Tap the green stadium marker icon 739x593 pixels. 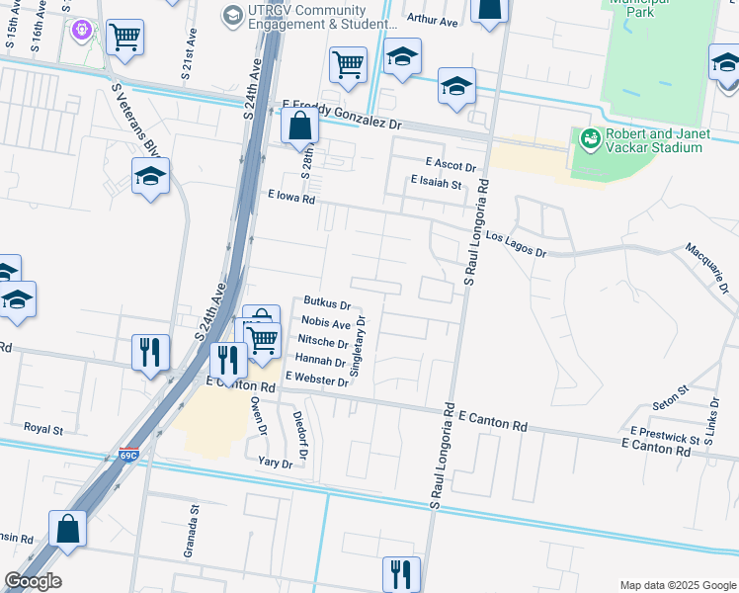pyautogui.click(x=591, y=139)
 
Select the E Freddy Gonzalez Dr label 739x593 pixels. pyautogui.click(x=343, y=111)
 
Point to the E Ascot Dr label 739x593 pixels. pyautogui.click(x=452, y=164)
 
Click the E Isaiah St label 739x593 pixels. pyautogui.click(x=436, y=183)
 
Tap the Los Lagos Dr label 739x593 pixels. pyautogui.click(x=511, y=244)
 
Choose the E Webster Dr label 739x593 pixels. pyautogui.click(x=316, y=379)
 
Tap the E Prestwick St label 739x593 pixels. pyautogui.click(x=665, y=435)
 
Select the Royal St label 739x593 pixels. pyautogui.click(x=43, y=430)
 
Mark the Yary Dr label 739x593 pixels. pyautogui.click(x=276, y=463)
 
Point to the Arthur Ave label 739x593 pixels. pyautogui.click(x=433, y=20)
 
